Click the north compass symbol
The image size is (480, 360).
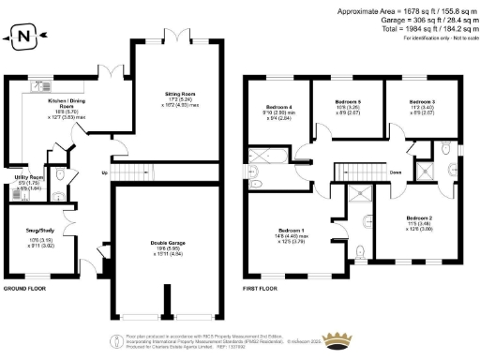tap(22, 37)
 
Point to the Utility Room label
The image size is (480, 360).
tap(29, 178)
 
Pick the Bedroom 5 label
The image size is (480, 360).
tap(349, 105)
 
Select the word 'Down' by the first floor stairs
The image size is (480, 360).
tap(396, 172)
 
